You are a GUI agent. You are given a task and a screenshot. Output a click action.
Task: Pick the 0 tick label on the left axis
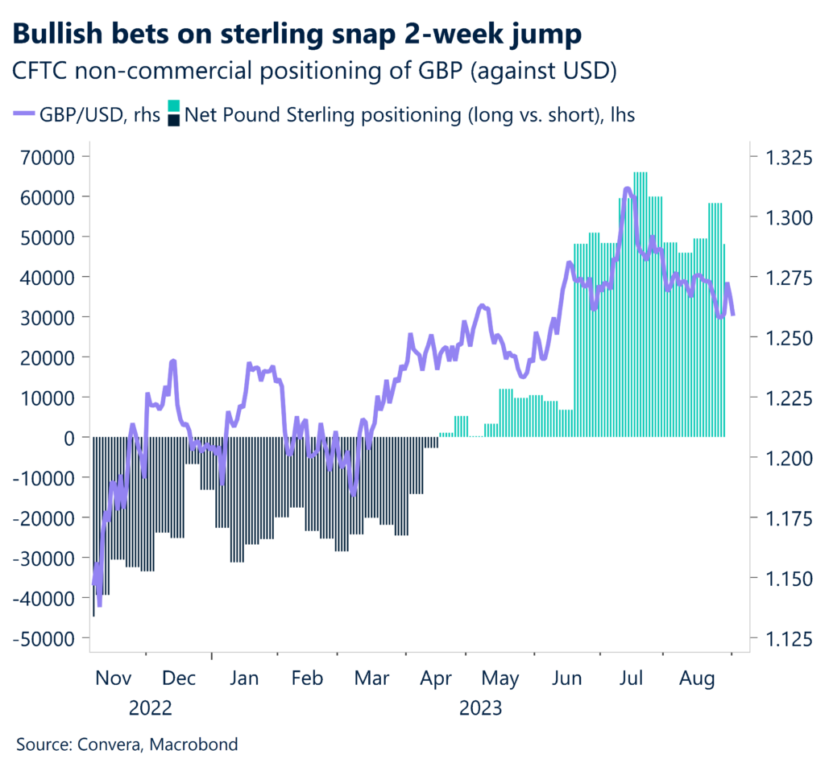(x=71, y=437)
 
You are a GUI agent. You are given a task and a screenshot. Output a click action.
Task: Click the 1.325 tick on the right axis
(x=781, y=156)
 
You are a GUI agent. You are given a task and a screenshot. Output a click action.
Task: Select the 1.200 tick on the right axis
(x=781, y=458)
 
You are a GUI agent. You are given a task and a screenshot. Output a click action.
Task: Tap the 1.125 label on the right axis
(x=781, y=638)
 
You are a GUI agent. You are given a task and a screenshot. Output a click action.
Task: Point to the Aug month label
(x=697, y=679)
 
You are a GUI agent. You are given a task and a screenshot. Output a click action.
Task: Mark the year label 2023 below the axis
(x=480, y=709)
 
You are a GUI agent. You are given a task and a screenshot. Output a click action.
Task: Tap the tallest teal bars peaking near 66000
(x=641, y=174)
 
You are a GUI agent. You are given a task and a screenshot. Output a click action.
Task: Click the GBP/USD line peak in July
(x=628, y=189)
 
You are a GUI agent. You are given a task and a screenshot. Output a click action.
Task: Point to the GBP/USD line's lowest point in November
(x=99, y=604)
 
